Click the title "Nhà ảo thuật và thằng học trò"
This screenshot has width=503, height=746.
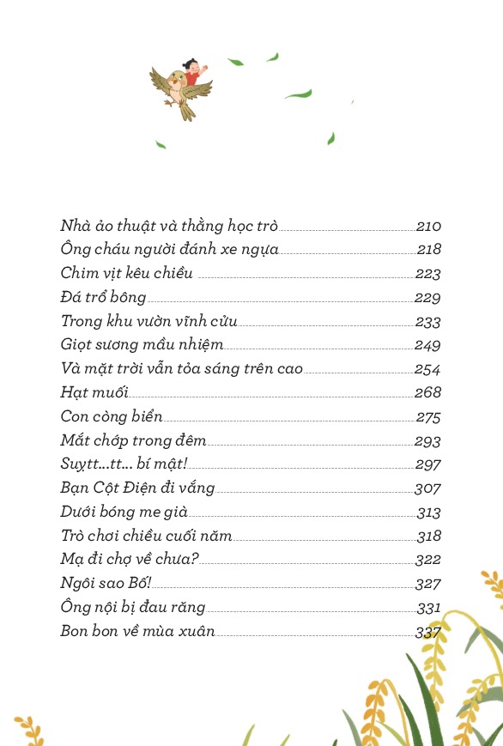[169, 227]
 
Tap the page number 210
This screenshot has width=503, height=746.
[428, 227]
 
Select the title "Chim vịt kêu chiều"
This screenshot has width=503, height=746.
[127, 274]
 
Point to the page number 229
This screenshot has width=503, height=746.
[427, 298]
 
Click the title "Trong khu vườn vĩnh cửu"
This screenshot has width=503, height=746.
[148, 322]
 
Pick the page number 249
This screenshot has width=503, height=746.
[427, 345]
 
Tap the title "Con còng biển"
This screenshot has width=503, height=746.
[112, 417]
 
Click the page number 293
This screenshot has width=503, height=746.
[427, 441]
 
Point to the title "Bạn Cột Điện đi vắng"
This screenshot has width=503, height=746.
[137, 488]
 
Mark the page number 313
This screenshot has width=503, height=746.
[428, 512]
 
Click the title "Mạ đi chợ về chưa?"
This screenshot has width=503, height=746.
[130, 560]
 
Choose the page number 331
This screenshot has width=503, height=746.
[428, 608]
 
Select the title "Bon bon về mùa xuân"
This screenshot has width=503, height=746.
[137, 632]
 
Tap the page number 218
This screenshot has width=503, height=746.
[428, 250]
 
